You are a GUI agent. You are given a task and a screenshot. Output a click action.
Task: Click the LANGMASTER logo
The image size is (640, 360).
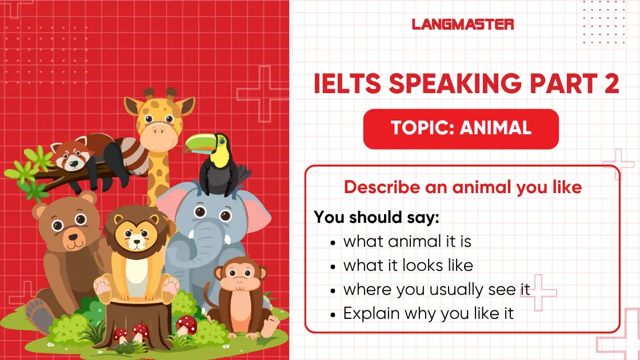463,24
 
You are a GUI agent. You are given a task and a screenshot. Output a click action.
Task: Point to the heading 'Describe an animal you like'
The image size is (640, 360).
463,187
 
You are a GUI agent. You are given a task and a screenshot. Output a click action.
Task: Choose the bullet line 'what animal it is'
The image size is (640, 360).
407,241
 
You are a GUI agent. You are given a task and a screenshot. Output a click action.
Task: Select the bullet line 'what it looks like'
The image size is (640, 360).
408,265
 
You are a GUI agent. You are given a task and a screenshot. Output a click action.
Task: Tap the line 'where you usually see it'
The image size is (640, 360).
437,289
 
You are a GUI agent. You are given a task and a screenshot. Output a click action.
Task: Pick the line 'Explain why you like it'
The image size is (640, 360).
429,313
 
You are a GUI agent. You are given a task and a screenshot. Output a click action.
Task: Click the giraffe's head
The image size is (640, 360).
157,123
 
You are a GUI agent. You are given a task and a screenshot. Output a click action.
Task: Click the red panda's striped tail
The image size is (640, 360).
131,153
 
